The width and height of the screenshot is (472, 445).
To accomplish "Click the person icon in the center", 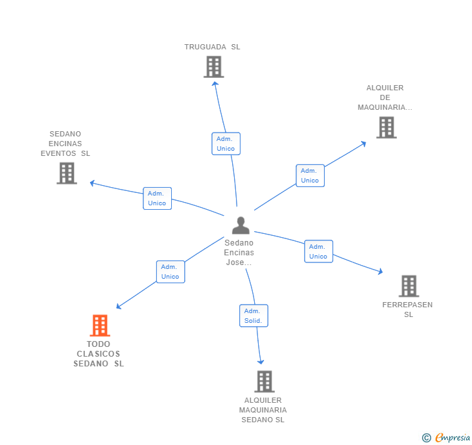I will coord(241,225).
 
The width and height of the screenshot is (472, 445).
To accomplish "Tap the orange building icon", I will coord(100,325).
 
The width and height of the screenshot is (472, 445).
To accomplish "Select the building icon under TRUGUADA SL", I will coord(213,66).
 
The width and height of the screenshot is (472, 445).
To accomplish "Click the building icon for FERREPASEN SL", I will coord(408,286).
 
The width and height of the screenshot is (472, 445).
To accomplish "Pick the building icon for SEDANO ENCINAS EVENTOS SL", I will coord(67,173).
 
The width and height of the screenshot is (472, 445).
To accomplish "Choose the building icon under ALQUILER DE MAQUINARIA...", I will coord(386,127).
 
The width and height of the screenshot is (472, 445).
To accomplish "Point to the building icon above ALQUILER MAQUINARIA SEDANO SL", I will coord(264,381).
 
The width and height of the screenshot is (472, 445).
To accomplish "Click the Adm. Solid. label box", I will coord(254,316).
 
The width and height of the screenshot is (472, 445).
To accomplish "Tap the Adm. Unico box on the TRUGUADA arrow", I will coord(226,144).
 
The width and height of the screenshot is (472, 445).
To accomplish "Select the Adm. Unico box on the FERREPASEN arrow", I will coord(318,251).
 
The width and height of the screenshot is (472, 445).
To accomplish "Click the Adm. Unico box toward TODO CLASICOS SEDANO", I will coord(171,272).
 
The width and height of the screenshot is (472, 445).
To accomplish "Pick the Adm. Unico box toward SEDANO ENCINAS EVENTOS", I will coord(157,198).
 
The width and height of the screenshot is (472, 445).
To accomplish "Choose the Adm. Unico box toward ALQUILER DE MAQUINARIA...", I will coord(310,175).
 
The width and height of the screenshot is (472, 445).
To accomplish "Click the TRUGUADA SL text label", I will coord(212,47).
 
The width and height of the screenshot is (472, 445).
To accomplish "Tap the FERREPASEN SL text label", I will coord(408,309).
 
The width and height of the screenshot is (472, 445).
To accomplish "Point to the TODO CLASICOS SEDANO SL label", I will coord(99,354).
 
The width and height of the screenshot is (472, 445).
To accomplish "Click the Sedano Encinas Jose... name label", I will coord(239,253).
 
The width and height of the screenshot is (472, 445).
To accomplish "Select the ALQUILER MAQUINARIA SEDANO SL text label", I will coord(263,410).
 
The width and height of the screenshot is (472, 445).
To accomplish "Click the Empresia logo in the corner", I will coord(447,437).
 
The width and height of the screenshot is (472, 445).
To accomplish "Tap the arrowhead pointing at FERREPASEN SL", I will coord(380,272).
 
